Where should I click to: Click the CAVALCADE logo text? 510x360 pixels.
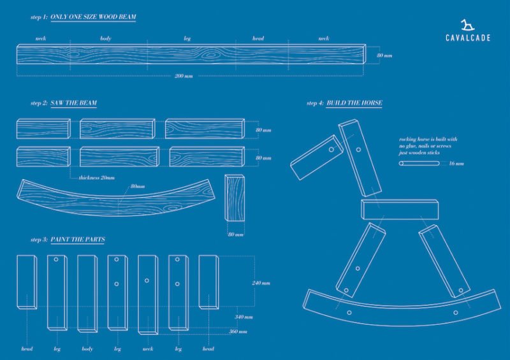coord(468,38)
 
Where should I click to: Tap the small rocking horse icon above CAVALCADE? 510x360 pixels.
coord(468,25)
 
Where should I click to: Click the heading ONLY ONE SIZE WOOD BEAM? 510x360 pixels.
coord(93,17)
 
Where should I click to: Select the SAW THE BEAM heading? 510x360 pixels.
coord(73,103)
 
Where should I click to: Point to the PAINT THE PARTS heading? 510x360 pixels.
coord(77,240)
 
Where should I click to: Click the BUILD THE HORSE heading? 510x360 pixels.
coord(354,103)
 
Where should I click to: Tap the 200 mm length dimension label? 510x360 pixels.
coord(184,76)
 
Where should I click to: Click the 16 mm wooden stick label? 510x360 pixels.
coord(456,163)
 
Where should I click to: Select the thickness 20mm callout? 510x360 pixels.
coord(96,178)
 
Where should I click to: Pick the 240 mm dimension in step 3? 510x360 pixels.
coord(261,283)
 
